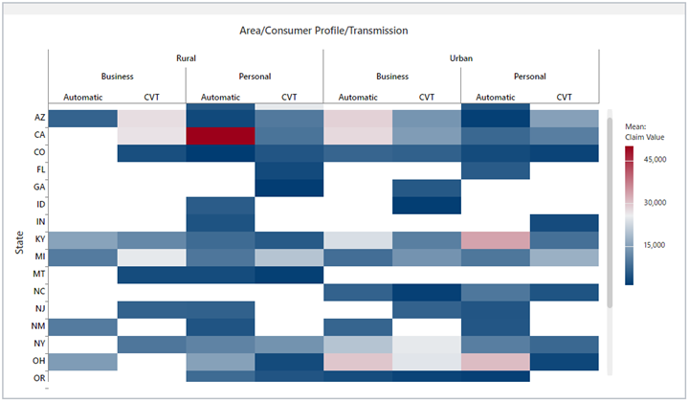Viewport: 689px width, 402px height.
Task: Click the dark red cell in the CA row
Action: coord(220,136)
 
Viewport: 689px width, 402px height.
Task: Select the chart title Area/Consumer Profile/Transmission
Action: coord(323,31)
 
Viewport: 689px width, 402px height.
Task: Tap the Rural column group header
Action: coord(186,57)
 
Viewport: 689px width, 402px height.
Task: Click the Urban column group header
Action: coord(460,57)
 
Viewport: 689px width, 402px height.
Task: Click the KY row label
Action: coord(38,239)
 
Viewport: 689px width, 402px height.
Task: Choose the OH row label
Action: coord(38,361)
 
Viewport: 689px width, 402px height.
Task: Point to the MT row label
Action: coord(38,274)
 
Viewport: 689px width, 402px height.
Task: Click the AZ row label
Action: coord(38,118)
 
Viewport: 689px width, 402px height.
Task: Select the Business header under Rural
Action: coord(117,77)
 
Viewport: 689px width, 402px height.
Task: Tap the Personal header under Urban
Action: coord(529,77)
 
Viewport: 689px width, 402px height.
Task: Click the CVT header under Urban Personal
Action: coord(564,97)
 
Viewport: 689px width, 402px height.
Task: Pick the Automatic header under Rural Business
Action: coord(82,97)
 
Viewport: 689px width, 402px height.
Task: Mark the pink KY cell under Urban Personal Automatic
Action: coord(495,239)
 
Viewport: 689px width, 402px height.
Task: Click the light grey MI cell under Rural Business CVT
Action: coord(151,257)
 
